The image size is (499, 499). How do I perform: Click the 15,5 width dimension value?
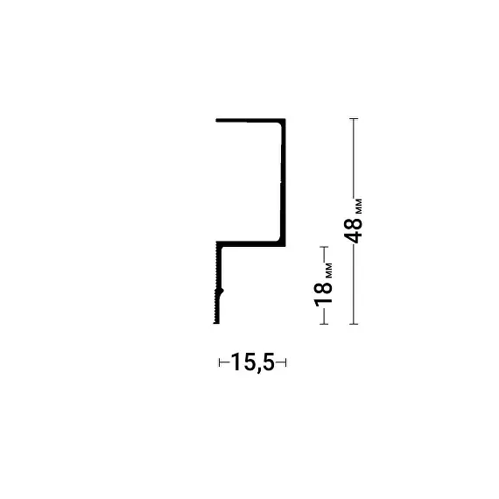(x=252, y=362)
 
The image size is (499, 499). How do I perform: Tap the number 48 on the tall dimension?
(x=354, y=230)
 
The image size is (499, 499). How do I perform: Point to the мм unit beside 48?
(x=359, y=207)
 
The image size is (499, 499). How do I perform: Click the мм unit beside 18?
(x=329, y=271)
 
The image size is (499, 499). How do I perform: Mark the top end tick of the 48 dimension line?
(x=354, y=119)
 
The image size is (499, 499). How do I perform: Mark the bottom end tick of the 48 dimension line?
(x=354, y=324)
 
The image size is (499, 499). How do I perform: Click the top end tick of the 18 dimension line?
(x=324, y=247)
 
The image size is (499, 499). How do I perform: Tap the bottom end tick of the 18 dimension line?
(x=324, y=324)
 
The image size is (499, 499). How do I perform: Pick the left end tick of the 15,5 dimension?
(x=219, y=362)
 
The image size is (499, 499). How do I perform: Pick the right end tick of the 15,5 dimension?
(x=285, y=362)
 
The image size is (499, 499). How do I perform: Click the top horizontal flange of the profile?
(x=250, y=121)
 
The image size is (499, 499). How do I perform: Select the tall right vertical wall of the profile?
(x=283, y=182)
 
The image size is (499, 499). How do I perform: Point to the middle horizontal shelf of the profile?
(x=250, y=243)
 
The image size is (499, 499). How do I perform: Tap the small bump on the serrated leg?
(x=221, y=292)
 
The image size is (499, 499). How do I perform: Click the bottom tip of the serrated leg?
(x=216, y=323)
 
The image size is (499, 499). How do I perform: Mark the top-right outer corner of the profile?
(x=285, y=119)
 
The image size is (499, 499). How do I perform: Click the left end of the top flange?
(x=216, y=121)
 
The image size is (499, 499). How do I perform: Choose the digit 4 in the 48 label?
(x=354, y=237)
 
